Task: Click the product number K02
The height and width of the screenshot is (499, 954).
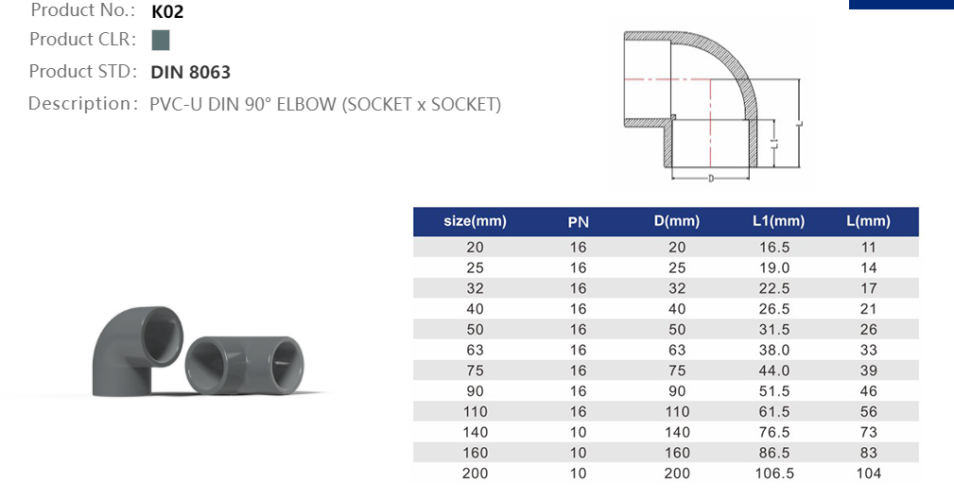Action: tap(166, 12)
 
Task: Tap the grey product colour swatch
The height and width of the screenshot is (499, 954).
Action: tap(160, 40)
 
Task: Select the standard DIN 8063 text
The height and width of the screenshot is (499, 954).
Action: tap(190, 72)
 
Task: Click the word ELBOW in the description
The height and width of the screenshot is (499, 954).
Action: tap(306, 104)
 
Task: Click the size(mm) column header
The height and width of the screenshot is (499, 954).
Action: tap(475, 222)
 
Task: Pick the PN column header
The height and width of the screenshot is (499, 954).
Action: tap(578, 222)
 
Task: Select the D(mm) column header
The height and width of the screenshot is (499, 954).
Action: tap(676, 222)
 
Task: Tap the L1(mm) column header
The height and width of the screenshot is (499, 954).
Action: tap(778, 222)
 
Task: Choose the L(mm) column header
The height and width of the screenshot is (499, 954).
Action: tap(868, 222)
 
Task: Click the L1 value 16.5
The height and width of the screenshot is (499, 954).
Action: tap(774, 247)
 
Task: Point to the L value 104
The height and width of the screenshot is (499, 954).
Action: tap(868, 473)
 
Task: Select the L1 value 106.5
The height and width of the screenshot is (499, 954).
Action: tap(774, 473)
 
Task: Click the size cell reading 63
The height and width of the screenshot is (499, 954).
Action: tap(475, 350)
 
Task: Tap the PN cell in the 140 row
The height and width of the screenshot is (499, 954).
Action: tap(578, 432)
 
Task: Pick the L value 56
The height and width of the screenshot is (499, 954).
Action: tap(868, 412)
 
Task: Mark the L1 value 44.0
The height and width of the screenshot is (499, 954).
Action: tap(774, 370)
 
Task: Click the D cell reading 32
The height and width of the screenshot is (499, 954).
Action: tap(677, 288)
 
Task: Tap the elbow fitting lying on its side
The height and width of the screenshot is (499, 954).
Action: tap(249, 365)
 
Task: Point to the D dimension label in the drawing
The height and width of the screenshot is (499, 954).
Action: tap(710, 179)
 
